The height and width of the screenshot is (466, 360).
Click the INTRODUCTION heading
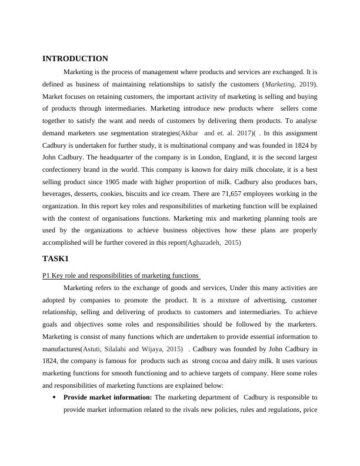click(75, 59)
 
